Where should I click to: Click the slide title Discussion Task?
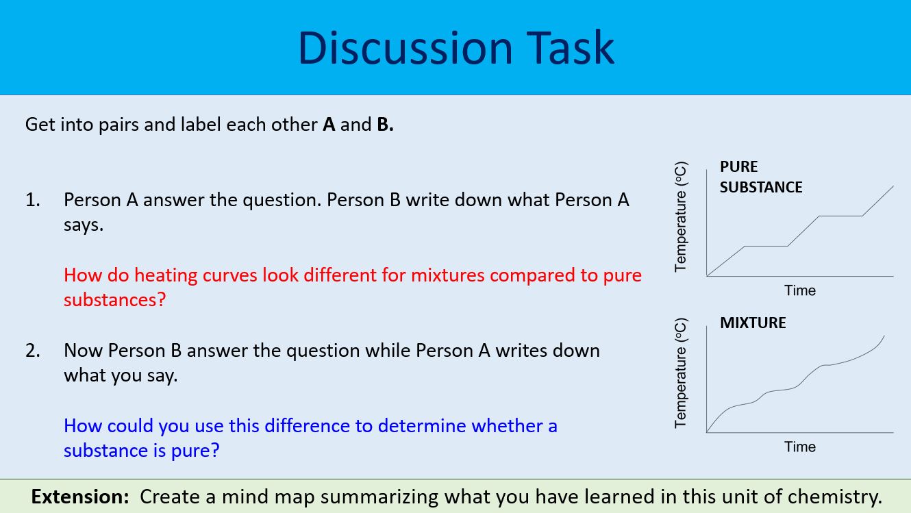(x=455, y=47)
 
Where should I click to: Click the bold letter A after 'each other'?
(x=329, y=125)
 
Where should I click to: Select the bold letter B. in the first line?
(x=385, y=125)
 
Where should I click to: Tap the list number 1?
(x=32, y=200)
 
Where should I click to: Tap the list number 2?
(x=32, y=351)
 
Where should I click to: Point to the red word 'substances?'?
(x=115, y=300)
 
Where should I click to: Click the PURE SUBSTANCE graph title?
(x=760, y=177)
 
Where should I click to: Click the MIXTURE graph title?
(x=753, y=323)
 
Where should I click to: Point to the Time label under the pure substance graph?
(x=799, y=290)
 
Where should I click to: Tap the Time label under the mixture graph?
(x=799, y=447)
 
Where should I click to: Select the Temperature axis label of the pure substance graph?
(x=680, y=217)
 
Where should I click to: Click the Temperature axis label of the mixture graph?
(x=680, y=373)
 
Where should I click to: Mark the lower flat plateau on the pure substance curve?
(x=766, y=246)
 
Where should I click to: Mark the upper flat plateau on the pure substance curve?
(x=840, y=216)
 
